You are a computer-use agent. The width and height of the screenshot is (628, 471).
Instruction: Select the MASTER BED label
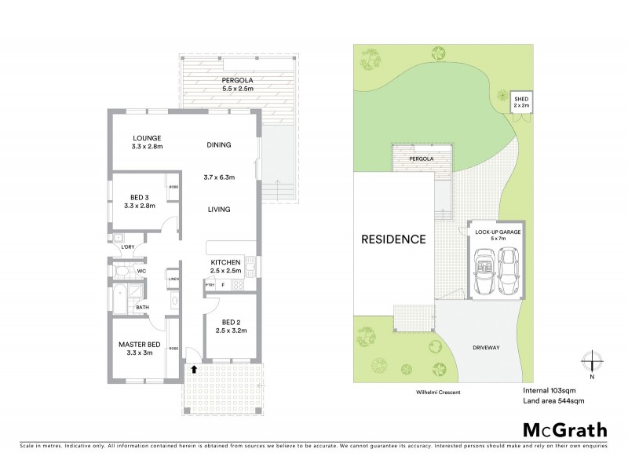tap(141, 344)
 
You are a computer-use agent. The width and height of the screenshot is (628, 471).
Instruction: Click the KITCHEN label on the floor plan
tap(225, 262)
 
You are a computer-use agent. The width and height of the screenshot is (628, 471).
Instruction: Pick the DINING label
tap(219, 144)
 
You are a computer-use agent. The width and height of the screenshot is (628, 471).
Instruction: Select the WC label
tap(142, 272)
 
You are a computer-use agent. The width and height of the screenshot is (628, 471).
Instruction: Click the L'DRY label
tap(127, 247)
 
